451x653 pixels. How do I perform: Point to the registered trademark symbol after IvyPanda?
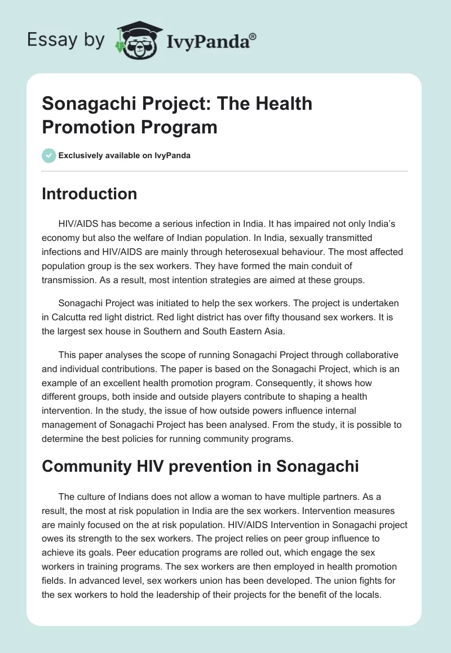[253, 35]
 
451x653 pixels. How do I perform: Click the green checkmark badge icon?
[49, 155]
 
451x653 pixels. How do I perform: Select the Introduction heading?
[90, 194]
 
